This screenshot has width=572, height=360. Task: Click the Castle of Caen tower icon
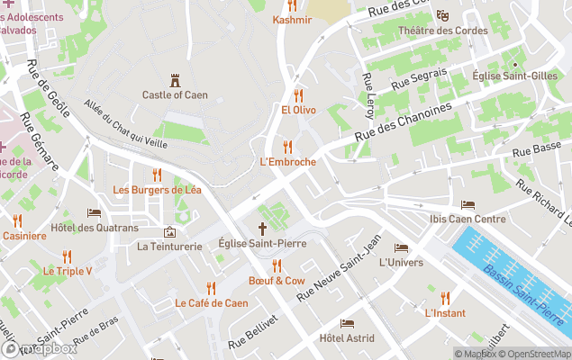point(175,80)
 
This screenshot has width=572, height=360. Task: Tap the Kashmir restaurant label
point(292,20)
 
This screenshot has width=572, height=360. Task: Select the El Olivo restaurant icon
point(297,94)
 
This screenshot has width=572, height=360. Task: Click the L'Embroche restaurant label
point(287,162)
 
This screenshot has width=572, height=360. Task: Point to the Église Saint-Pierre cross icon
point(263,229)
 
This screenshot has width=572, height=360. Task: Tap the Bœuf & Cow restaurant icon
point(277,265)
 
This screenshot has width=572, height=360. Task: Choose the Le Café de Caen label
point(211,303)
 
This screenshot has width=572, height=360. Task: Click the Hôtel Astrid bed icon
point(347,323)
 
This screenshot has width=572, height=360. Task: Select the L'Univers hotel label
point(401,263)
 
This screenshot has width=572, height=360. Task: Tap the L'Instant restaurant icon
point(445,298)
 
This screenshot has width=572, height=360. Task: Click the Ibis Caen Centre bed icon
point(468,205)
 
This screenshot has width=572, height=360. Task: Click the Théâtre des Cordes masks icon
point(442,15)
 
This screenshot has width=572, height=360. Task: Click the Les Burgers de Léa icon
point(157,175)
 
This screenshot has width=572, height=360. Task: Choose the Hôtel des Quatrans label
point(95,228)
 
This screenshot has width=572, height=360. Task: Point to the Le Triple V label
point(68,271)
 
